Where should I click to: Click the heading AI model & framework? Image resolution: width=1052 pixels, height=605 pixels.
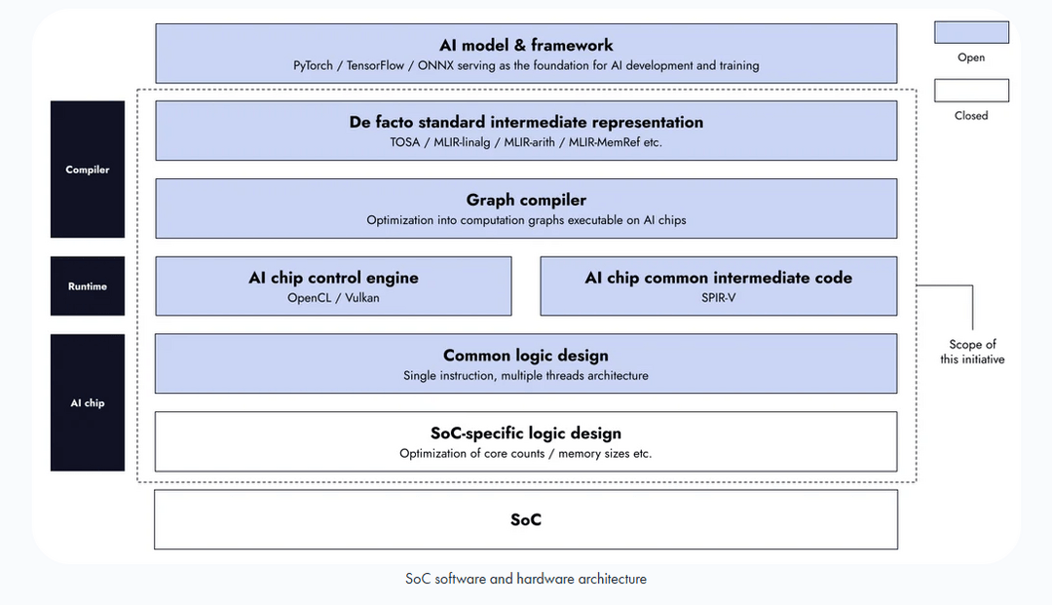coord(526,45)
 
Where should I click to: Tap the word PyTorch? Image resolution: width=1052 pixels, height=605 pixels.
coord(313,65)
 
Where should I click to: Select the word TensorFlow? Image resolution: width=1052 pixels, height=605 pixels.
coord(375,65)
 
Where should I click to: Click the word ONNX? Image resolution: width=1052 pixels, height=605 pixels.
coord(435,65)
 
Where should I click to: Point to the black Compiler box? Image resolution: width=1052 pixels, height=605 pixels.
coord(88,169)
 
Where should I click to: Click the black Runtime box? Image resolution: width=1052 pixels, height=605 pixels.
coord(88,285)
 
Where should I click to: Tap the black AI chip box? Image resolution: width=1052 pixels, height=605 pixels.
coord(88,402)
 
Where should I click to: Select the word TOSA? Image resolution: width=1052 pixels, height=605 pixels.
coord(404,142)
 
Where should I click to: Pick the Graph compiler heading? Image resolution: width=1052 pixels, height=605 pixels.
coord(526,200)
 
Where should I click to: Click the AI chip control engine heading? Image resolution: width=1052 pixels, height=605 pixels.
coord(333,278)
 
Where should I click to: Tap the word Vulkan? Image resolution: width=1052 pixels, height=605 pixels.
coord(362,298)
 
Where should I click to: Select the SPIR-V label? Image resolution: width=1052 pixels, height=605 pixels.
coord(719,298)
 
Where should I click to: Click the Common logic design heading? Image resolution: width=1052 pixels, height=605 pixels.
coord(526,356)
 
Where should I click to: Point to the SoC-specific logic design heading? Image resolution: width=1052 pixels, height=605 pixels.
coord(526,434)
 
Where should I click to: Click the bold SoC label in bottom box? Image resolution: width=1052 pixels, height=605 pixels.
coord(526,520)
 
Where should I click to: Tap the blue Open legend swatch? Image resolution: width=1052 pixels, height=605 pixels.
coord(971,32)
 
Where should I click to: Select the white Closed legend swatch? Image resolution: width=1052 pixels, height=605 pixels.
coord(971,91)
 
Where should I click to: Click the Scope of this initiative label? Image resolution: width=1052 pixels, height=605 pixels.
coord(972,352)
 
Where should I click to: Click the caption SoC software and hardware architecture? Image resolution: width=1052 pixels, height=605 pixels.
coord(526,579)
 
